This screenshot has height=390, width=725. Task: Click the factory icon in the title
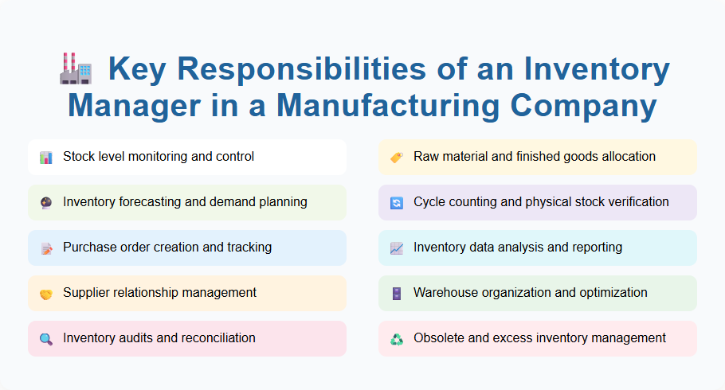pyautogui.click(x=76, y=68)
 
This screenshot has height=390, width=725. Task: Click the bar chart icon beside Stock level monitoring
pyautogui.click(x=46, y=158)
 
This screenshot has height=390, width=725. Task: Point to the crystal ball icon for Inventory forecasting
pyautogui.click(x=46, y=203)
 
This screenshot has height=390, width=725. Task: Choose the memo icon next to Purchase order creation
pyautogui.click(x=46, y=248)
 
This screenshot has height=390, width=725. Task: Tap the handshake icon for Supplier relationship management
pyautogui.click(x=46, y=294)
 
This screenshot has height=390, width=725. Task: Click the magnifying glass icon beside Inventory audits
pyautogui.click(x=46, y=339)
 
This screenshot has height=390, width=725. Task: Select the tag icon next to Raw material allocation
pyautogui.click(x=397, y=158)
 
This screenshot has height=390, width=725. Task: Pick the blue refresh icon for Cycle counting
pyautogui.click(x=397, y=203)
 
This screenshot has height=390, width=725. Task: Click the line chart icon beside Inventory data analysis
pyautogui.click(x=397, y=248)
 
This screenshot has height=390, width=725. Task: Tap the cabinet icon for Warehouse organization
pyautogui.click(x=397, y=294)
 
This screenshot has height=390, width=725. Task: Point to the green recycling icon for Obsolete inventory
pyautogui.click(x=397, y=339)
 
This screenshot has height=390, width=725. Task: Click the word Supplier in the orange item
pyautogui.click(x=86, y=293)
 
